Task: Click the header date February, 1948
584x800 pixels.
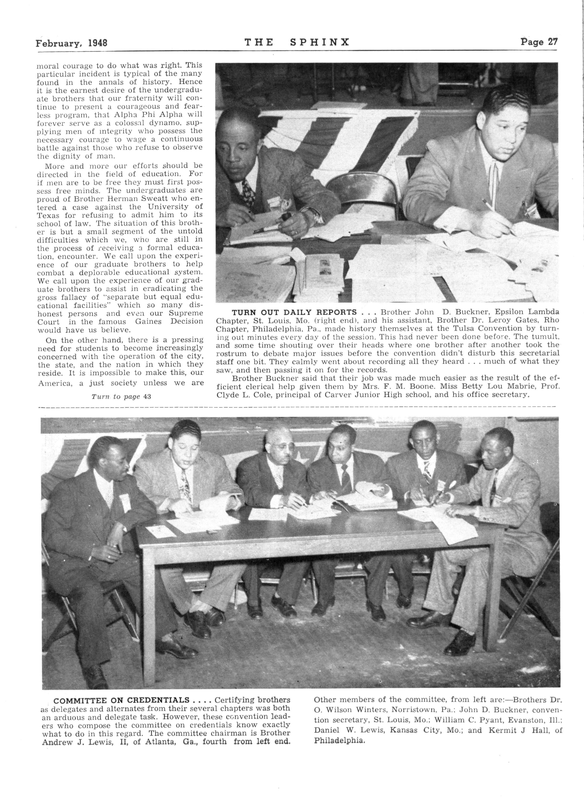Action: (71, 43)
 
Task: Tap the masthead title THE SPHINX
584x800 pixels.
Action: (297, 43)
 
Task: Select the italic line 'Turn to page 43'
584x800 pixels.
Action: (121, 396)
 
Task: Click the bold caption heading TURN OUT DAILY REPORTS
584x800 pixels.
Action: (294, 312)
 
